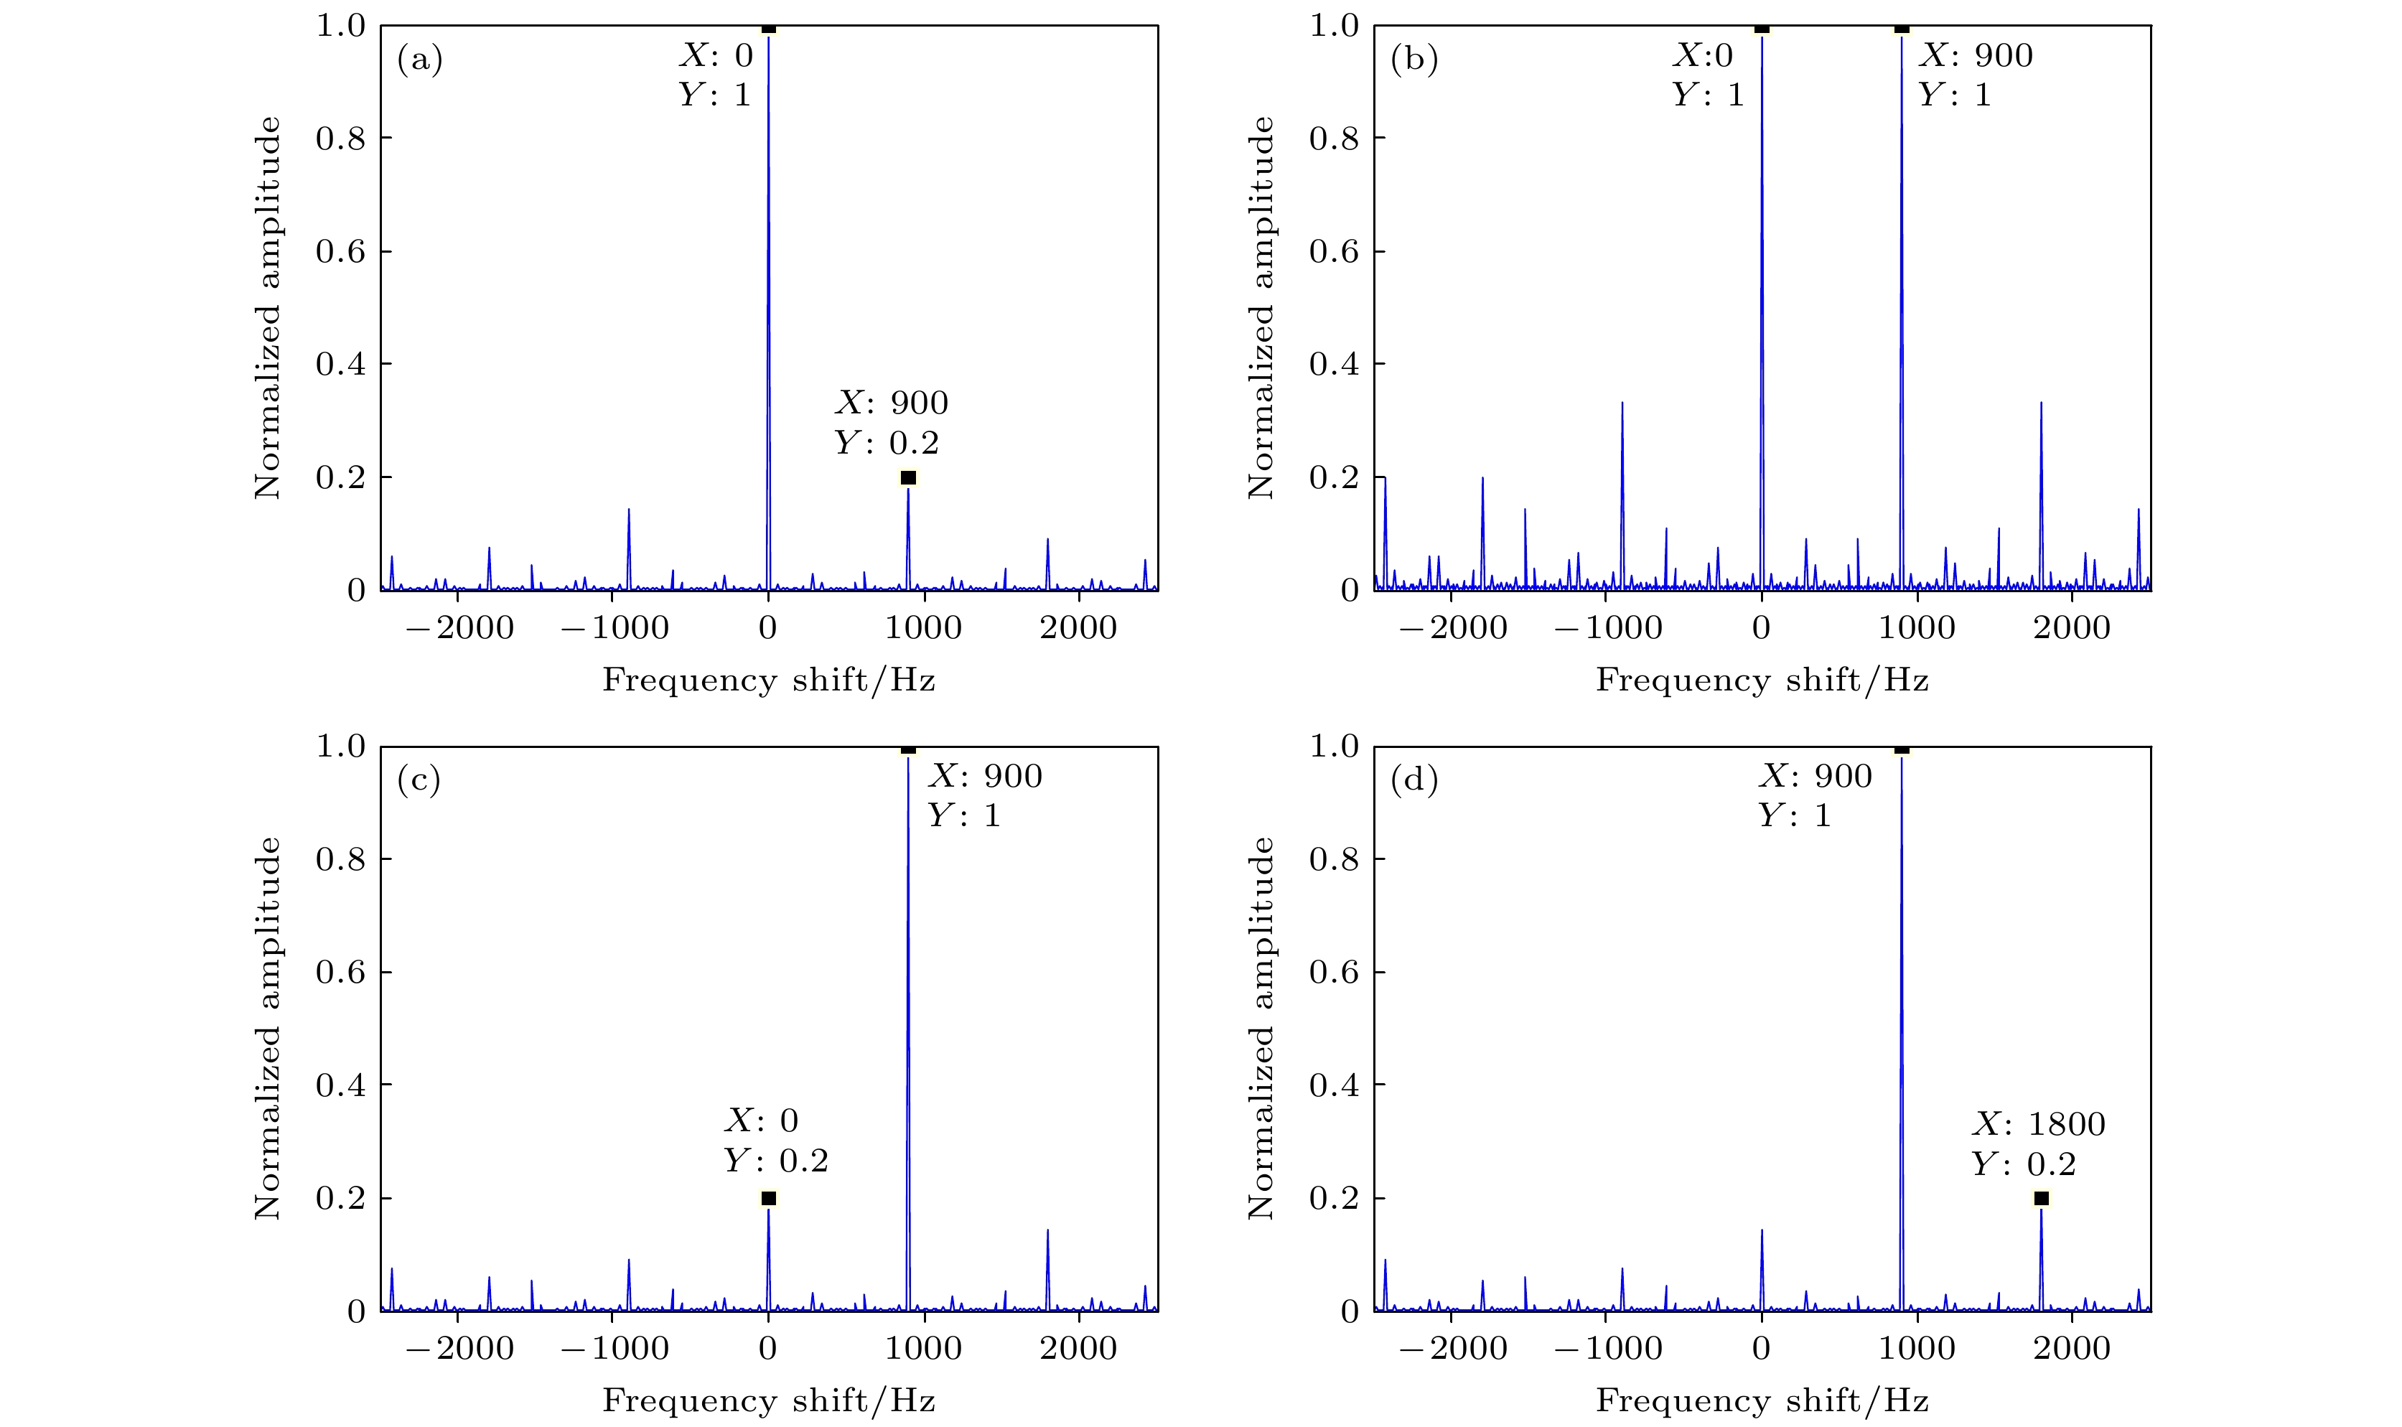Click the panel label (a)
click(419, 60)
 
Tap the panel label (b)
click(1413, 60)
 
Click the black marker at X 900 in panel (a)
click(907, 478)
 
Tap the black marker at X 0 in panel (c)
click(768, 1198)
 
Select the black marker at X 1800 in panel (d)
click(2040, 1198)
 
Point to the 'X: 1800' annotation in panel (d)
click(2039, 1123)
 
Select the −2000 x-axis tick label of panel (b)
click(1452, 629)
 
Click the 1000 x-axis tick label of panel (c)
click(923, 1348)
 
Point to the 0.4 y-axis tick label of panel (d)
click(1334, 1085)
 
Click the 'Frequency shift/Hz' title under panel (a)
click(768, 680)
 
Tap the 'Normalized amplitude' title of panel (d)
click(1261, 1029)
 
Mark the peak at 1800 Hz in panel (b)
click(2040, 404)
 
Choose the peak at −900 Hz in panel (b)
click(1622, 404)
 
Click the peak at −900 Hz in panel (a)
click(628, 510)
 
